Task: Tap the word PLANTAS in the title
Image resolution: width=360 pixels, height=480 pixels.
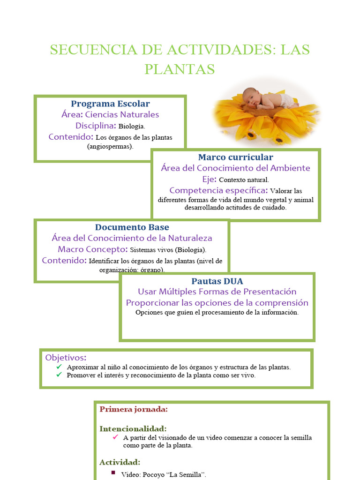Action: pyautogui.click(x=180, y=69)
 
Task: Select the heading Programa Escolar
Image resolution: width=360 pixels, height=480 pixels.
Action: pyautogui.click(x=110, y=104)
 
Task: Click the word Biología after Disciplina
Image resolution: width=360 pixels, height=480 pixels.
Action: pyautogui.click(x=132, y=126)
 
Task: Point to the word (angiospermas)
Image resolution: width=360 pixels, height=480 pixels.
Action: pyautogui.click(x=110, y=146)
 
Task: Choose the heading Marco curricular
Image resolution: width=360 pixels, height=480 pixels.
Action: pyautogui.click(x=235, y=157)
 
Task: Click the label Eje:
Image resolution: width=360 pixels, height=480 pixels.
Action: pyautogui.click(x=210, y=179)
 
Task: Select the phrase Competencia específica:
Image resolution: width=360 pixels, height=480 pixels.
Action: pyautogui.click(x=219, y=190)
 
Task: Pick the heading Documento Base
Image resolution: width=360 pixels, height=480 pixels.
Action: pyautogui.click(x=132, y=227)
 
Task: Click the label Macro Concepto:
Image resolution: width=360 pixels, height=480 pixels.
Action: pyautogui.click(x=93, y=249)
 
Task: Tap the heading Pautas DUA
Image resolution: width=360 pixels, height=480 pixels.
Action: pyautogui.click(x=217, y=281)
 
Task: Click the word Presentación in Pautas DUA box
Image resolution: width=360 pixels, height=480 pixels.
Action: pyautogui.click(x=267, y=292)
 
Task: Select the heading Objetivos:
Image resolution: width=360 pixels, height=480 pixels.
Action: pyautogui.click(x=66, y=358)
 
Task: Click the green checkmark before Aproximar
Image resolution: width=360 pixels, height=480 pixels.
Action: pyautogui.click(x=59, y=367)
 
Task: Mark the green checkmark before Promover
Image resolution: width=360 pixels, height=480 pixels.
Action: pyautogui.click(x=59, y=375)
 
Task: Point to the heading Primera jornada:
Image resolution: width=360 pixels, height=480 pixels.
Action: pyautogui.click(x=134, y=409)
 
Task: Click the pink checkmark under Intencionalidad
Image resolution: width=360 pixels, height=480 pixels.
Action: pyautogui.click(x=115, y=437)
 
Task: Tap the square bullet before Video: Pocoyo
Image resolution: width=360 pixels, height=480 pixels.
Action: pyautogui.click(x=113, y=472)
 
